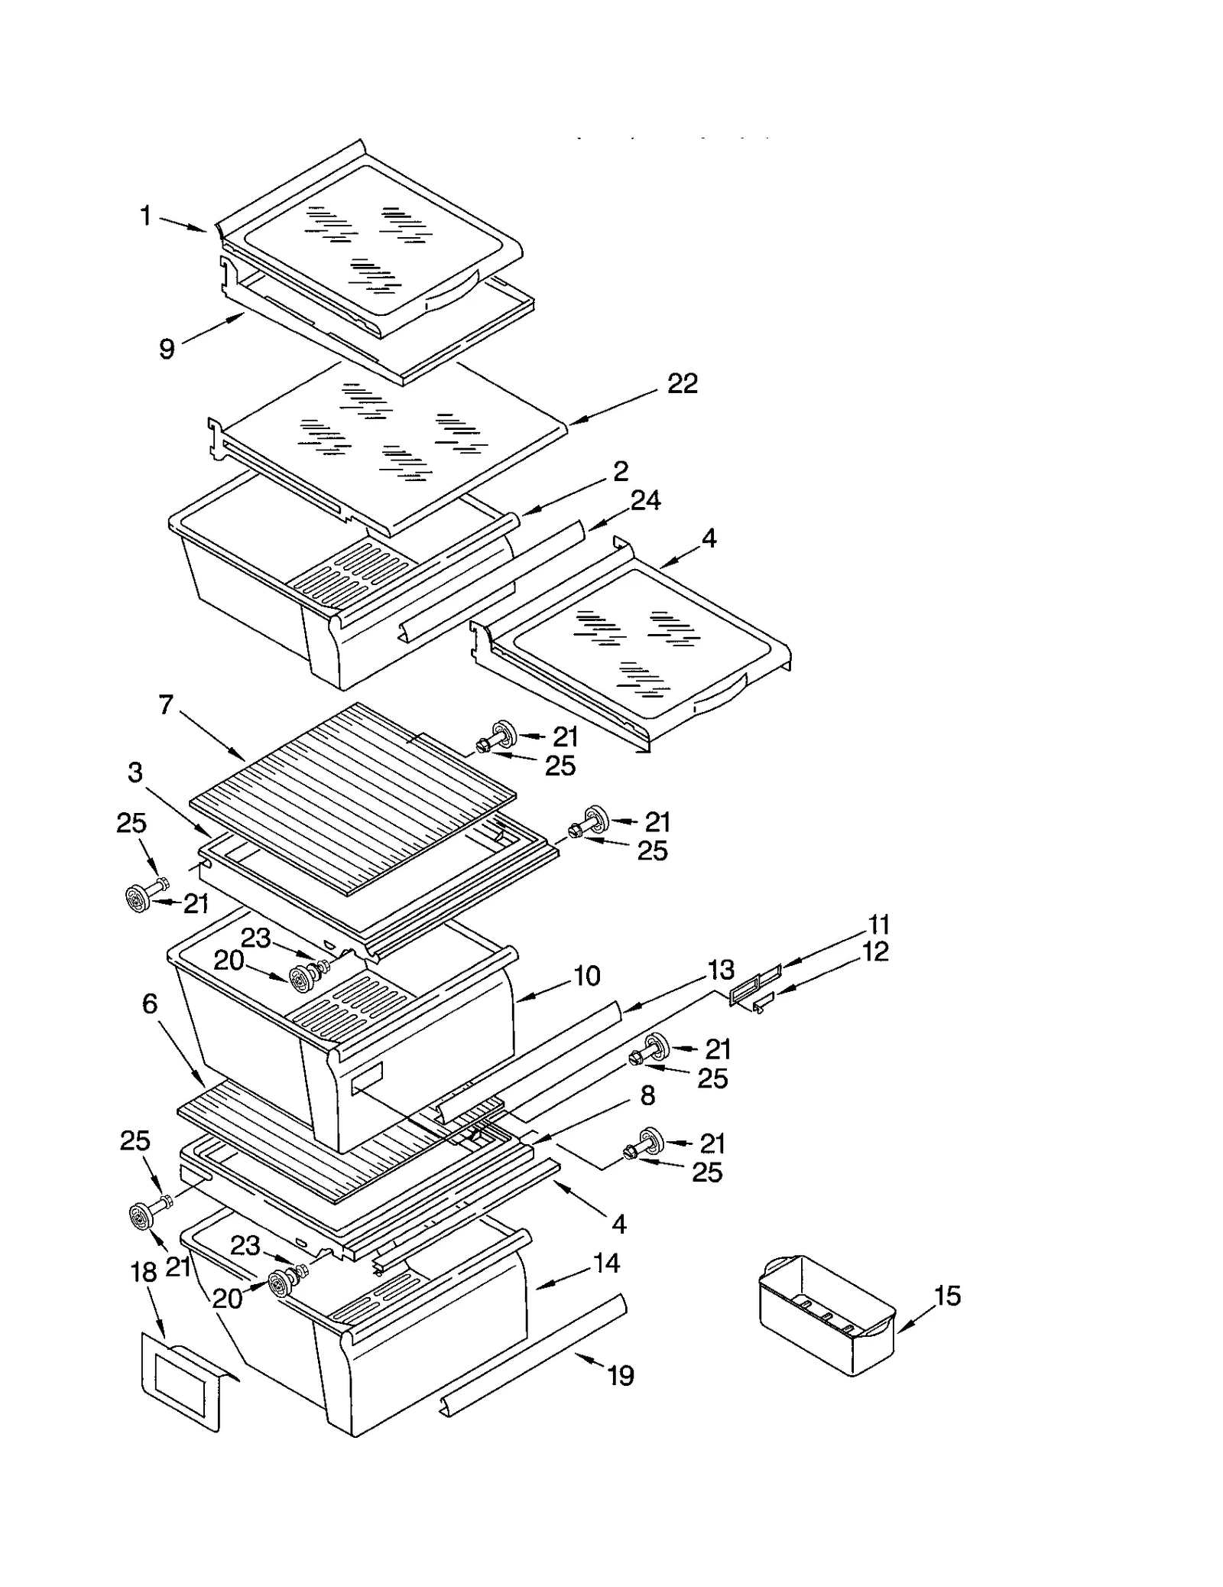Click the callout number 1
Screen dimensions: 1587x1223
145,216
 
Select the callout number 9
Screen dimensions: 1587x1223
167,349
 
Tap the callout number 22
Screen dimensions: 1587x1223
682,383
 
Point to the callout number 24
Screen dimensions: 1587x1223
645,500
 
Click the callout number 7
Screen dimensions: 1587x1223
166,704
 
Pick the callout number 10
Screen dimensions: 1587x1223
586,976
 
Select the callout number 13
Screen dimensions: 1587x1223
721,969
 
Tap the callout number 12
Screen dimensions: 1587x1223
875,951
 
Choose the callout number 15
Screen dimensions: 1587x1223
947,1296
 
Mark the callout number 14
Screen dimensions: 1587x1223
606,1263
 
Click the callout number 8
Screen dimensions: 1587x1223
647,1095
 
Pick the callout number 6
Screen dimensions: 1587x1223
149,1003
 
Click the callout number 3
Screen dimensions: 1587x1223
135,772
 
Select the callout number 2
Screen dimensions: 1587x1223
620,470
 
